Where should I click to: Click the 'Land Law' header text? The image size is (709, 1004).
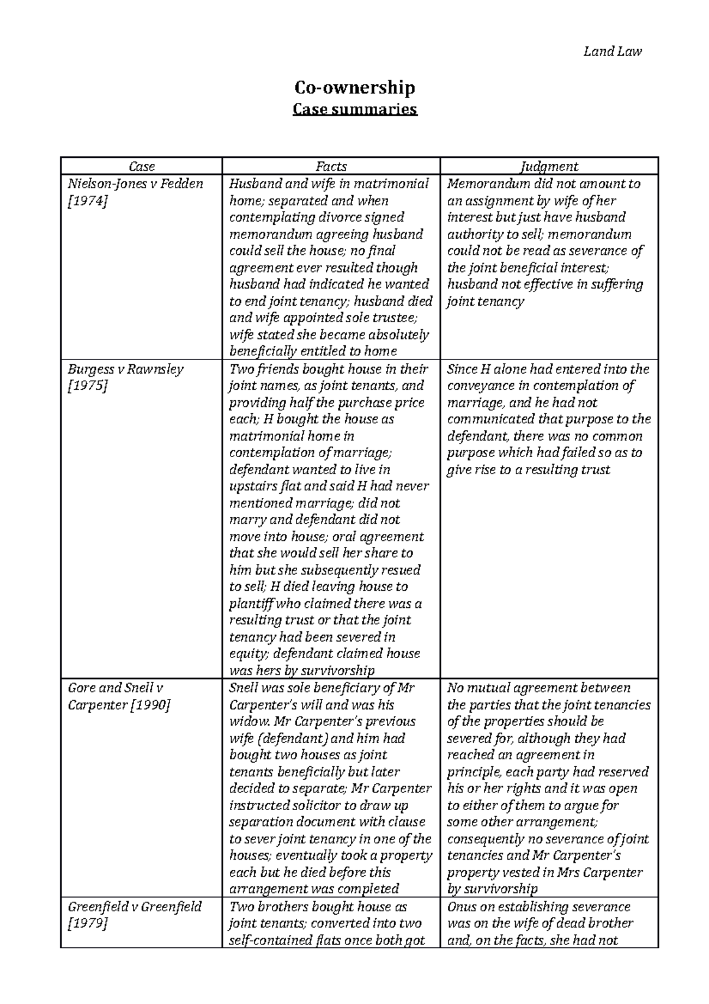click(612, 51)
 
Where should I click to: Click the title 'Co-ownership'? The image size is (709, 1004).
click(354, 88)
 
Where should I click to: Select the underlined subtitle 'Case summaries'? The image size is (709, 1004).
click(354, 109)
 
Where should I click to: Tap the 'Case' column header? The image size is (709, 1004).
click(142, 167)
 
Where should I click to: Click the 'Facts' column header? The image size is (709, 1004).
click(331, 167)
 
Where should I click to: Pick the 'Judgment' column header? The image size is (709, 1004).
click(549, 167)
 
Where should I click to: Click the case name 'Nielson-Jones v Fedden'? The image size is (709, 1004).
click(135, 184)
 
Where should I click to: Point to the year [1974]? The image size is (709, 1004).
click(87, 201)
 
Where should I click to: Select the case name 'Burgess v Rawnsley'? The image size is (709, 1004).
click(125, 370)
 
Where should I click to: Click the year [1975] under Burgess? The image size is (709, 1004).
click(87, 386)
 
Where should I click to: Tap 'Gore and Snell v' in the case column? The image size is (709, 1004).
click(115, 688)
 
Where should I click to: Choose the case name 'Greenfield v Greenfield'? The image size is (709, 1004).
click(135, 907)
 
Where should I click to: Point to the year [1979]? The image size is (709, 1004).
click(87, 924)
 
